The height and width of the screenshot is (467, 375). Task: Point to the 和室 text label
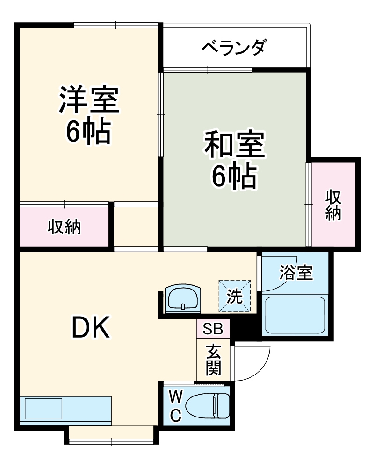[x=234, y=146]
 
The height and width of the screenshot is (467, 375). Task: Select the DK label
[x=90, y=327]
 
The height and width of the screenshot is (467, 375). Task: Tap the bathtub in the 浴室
[x=295, y=313]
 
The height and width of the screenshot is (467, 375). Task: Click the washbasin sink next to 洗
[x=183, y=298]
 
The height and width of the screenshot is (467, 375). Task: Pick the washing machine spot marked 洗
[x=235, y=296]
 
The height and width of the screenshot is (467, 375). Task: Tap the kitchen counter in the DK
[x=65, y=410]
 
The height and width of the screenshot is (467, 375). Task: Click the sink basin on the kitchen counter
[x=43, y=409]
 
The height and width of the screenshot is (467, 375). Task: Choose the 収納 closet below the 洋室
[x=65, y=227]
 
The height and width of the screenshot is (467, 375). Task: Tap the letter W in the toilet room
[x=175, y=397]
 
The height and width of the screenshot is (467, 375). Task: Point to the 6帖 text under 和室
[x=234, y=177]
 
